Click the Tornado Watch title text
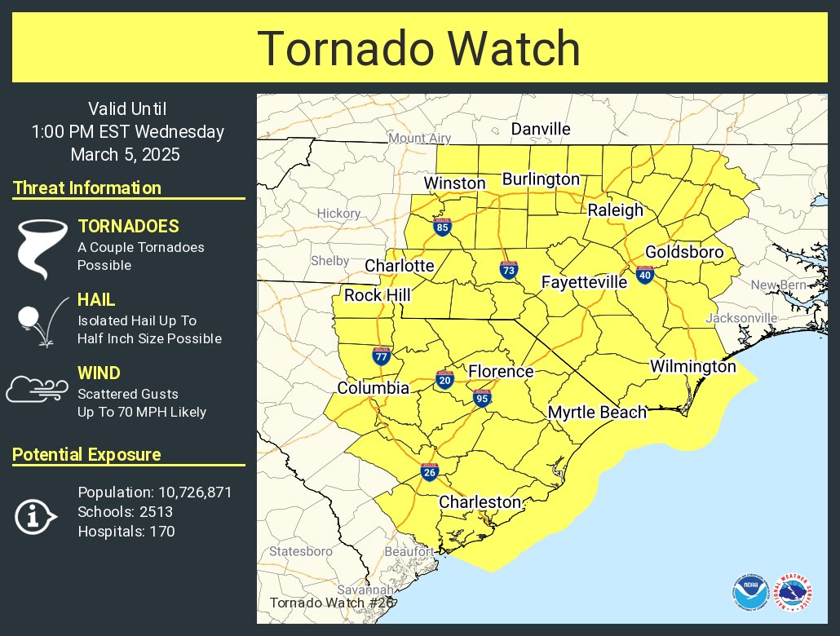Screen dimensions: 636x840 pos(419,48)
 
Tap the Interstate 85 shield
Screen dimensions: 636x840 pos(443,227)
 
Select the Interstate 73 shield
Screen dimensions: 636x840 pos(508,270)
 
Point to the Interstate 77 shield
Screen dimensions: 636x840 pos(381,356)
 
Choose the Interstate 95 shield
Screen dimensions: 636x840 pos(482,398)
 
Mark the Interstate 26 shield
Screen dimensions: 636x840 pos(429,471)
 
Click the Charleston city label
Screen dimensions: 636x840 pos(480,502)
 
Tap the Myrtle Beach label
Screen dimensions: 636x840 pos(597,413)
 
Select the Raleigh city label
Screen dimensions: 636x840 pos(616,210)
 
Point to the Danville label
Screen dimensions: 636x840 pos(541,129)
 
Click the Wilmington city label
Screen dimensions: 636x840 pos(692,367)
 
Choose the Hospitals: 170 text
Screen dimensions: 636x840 pos(126,532)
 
